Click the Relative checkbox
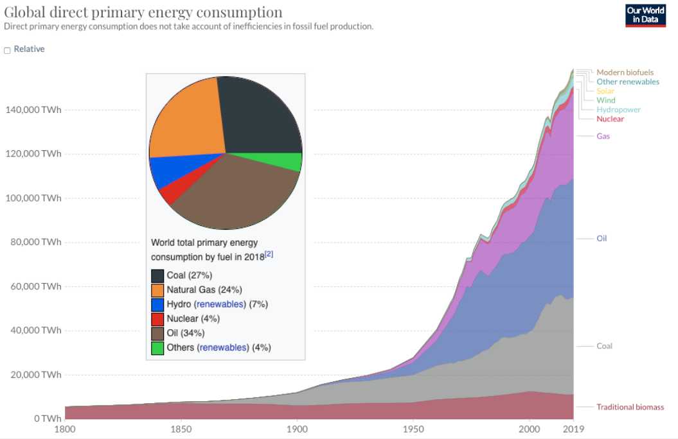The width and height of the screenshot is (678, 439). tap(8, 50)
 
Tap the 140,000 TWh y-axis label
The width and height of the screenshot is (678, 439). tap(34, 110)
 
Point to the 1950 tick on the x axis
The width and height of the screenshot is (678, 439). tap(413, 429)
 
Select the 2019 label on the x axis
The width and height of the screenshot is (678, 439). tap(573, 429)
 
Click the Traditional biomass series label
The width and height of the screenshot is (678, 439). tap(630, 407)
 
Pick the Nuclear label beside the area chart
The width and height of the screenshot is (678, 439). tap(610, 119)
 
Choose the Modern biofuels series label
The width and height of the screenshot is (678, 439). tap(625, 73)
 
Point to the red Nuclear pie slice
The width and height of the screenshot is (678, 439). tap(168, 191)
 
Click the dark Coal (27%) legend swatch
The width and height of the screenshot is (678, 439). tap(157, 275)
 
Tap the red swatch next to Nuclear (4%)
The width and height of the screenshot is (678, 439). tap(157, 318)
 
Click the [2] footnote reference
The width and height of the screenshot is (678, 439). tap(269, 254)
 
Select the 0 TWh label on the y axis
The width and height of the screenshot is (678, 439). tap(48, 418)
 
